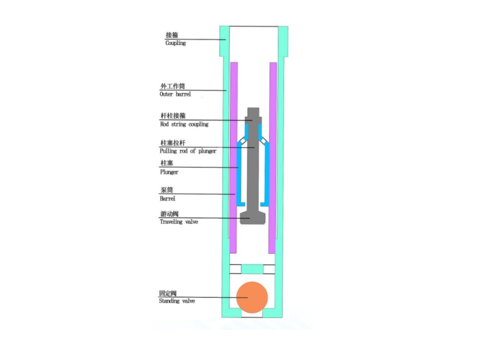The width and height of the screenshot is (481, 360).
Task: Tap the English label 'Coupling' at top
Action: click(x=175, y=43)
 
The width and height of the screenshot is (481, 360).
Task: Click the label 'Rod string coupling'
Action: click(x=184, y=124)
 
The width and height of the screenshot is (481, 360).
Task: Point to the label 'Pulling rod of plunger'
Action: click(x=188, y=151)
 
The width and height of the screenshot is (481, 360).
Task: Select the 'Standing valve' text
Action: click(x=177, y=301)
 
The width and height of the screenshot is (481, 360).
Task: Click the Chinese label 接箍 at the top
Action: click(x=172, y=35)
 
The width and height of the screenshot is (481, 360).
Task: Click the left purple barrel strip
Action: click(x=234, y=156)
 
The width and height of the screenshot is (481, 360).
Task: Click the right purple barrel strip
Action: click(x=273, y=156)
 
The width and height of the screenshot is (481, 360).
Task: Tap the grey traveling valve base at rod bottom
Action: click(x=253, y=217)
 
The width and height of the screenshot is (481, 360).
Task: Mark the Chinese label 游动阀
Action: click(x=169, y=214)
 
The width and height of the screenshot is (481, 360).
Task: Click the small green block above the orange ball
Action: click(x=253, y=267)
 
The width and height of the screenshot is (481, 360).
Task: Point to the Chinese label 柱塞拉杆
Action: click(x=171, y=143)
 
